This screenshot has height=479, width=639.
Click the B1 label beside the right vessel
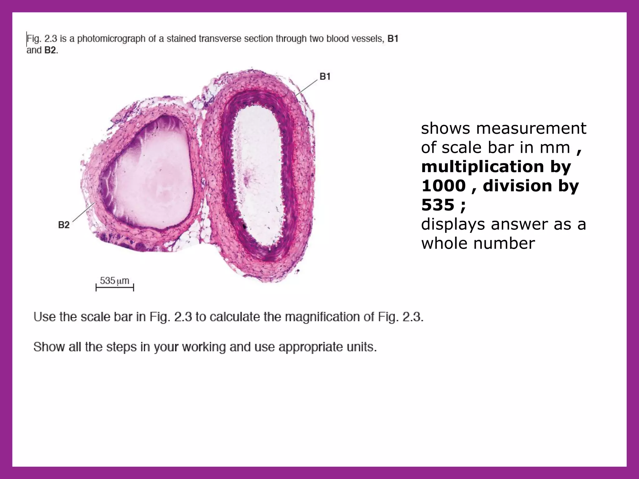point(325,76)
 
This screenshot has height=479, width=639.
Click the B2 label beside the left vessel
point(64,225)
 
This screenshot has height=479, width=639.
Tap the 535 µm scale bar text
point(114,281)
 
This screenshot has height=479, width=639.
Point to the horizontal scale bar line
point(115,288)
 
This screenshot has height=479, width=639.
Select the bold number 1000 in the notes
point(443,186)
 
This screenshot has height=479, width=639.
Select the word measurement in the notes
point(531,128)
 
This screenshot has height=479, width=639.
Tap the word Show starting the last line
point(46,347)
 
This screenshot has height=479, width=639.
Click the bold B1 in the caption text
point(393,39)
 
